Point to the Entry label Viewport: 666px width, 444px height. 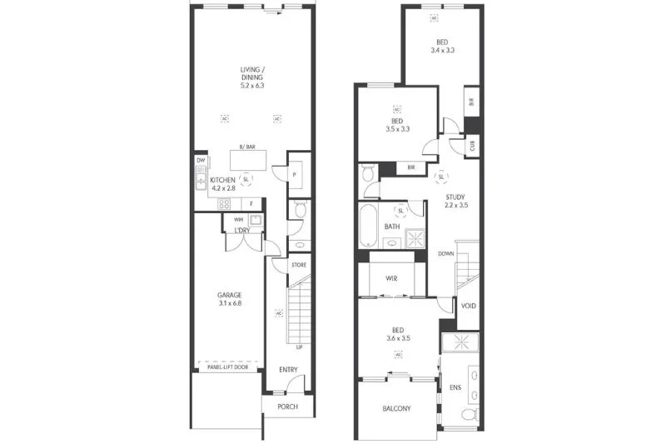(289, 369)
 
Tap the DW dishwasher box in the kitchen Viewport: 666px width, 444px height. (201, 161)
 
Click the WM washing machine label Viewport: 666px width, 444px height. (239, 219)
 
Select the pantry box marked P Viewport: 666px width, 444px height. (296, 173)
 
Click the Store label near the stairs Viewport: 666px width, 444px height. (299, 265)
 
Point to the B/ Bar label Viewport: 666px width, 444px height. (247, 147)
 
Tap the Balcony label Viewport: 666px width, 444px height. (396, 408)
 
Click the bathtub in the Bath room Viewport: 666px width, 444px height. (368, 227)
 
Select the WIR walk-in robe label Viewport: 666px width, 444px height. (391, 278)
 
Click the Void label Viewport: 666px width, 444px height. (469, 306)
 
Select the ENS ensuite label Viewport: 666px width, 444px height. (455, 387)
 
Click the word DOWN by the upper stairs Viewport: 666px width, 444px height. (446, 253)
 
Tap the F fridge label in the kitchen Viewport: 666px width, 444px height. (251, 203)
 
